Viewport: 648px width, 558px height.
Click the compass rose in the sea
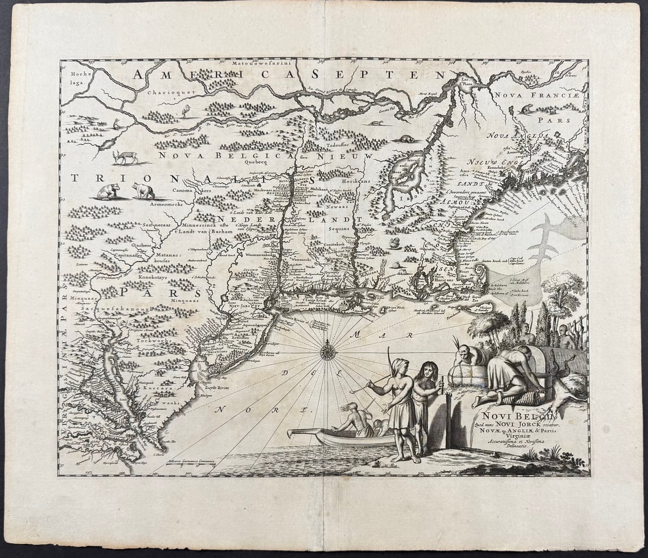[x=328, y=352]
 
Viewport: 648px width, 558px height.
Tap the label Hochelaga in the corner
[x=78, y=79]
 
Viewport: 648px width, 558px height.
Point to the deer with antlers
[x=125, y=157]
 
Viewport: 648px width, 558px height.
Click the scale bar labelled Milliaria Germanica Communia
[x=190, y=464]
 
